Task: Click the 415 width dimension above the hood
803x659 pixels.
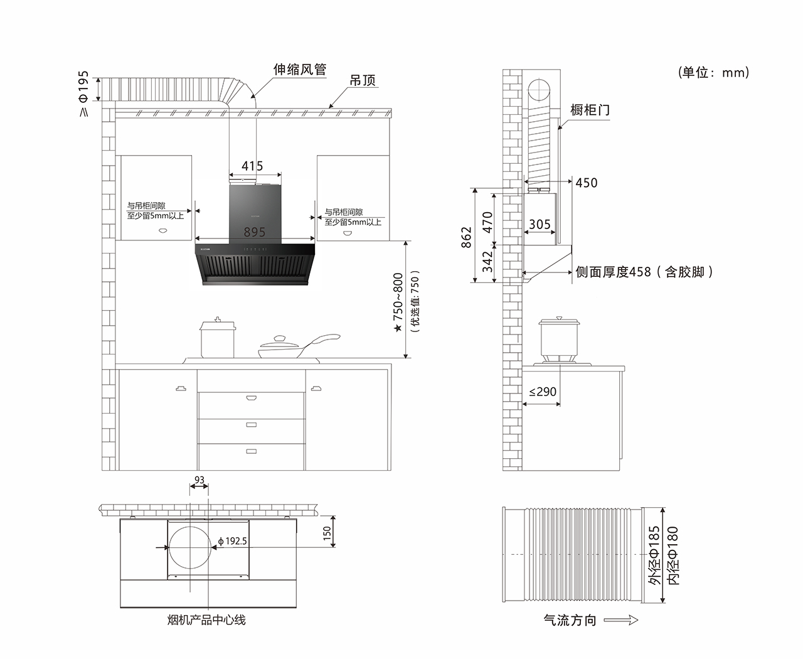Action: click(252, 166)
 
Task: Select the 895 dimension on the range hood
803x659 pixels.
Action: click(255, 232)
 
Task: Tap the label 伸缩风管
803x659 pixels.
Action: click(300, 70)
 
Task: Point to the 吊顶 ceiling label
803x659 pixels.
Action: click(363, 81)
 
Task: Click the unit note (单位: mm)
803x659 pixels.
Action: click(713, 73)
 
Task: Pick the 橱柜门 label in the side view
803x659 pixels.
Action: click(590, 110)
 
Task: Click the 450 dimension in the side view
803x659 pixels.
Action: click(587, 183)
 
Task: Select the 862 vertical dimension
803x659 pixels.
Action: click(467, 237)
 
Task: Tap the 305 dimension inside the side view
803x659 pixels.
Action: click(540, 224)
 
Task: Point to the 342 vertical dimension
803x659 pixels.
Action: click(488, 262)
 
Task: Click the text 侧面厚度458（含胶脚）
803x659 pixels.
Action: click(644, 272)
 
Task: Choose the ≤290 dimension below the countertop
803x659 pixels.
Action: click(543, 392)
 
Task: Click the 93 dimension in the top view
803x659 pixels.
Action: click(199, 480)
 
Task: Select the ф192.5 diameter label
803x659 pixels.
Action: click(233, 541)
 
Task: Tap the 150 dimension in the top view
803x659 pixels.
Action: click(327, 533)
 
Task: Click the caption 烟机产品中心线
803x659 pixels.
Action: click(206, 620)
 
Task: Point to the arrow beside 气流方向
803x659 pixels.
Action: click(621, 620)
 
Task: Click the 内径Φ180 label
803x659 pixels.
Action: click(673, 556)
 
